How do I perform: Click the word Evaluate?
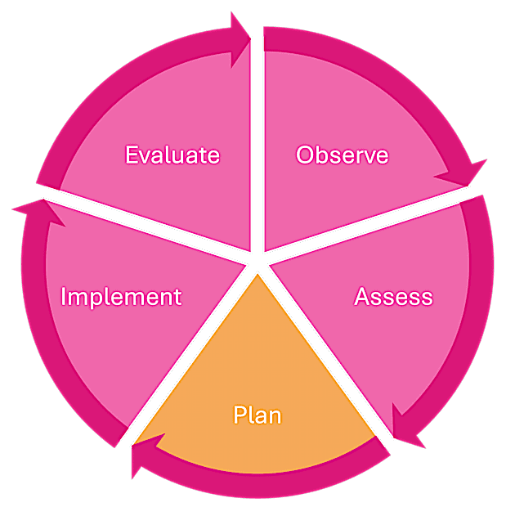[172, 154]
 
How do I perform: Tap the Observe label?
[342, 154]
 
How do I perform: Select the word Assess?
[393, 296]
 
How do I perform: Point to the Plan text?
[257, 415]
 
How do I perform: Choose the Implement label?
[121, 296]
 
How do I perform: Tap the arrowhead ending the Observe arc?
[463, 175]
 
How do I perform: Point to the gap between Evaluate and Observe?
[257, 123]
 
